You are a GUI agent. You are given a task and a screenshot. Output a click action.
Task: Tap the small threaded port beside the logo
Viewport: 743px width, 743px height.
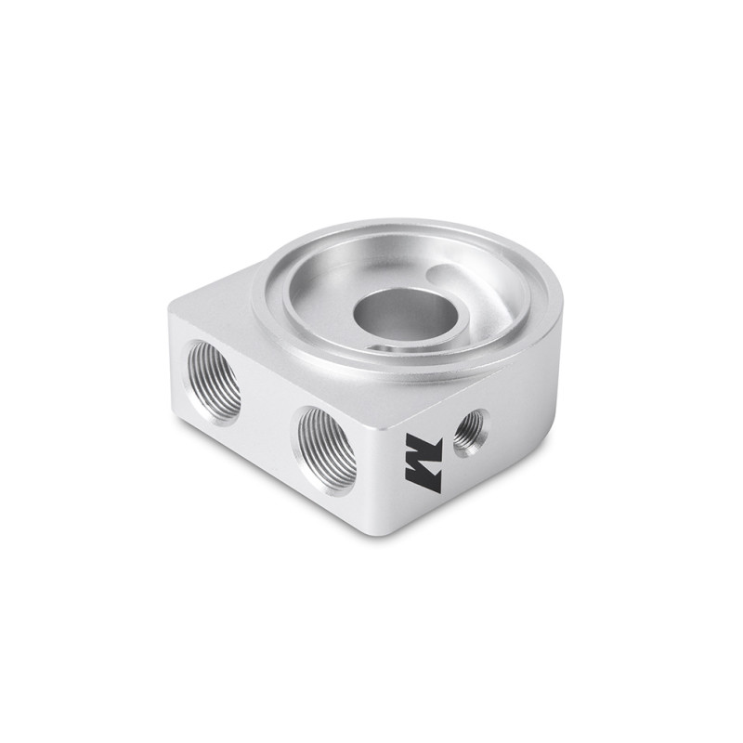470,432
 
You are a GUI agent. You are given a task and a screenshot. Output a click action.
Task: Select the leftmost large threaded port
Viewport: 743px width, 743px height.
214,382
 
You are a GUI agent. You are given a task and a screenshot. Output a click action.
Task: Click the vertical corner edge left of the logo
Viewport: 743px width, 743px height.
386,464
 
